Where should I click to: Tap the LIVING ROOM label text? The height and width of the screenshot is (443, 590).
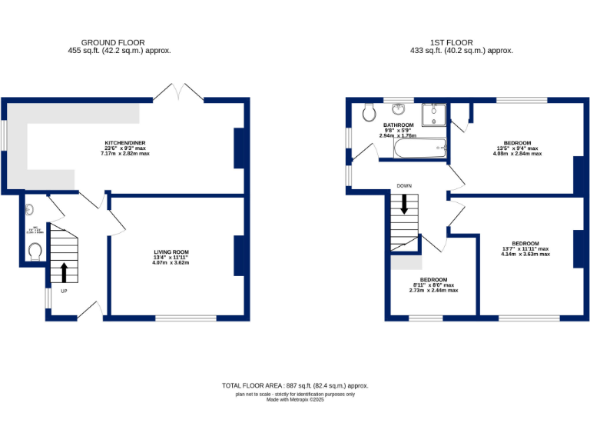(171, 252)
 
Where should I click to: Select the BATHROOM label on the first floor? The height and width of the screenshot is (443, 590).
(399, 125)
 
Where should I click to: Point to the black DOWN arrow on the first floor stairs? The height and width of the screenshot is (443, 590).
(404, 205)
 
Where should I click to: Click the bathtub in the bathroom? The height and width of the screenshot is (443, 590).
(419, 148)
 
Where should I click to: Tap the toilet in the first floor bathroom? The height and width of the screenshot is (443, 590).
(368, 112)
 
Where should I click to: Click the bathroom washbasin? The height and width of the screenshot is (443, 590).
(399, 108)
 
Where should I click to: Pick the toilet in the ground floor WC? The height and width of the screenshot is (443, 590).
(33, 251)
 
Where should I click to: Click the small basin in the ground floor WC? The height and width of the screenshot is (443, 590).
(28, 208)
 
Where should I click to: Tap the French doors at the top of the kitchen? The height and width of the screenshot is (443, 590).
(178, 92)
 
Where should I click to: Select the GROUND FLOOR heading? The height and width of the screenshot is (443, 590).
(113, 43)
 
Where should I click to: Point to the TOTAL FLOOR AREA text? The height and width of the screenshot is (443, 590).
(295, 385)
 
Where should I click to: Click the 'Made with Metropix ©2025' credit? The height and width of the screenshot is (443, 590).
(295, 400)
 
